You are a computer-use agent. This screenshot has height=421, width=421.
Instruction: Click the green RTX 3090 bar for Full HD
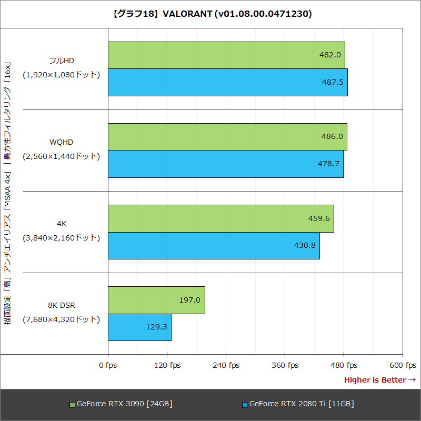[x=226, y=55]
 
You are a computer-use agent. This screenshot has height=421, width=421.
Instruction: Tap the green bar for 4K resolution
[x=220, y=218]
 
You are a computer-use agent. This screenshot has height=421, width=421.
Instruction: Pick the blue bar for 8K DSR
[x=139, y=327]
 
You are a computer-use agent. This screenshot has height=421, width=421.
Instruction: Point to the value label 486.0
[x=332, y=136]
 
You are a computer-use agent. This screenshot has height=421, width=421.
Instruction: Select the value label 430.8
[x=305, y=245]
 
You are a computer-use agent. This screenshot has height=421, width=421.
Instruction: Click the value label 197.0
[x=190, y=300]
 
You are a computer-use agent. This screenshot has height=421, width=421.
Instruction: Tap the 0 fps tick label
[x=108, y=365]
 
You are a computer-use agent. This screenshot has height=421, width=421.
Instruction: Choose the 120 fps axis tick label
[x=167, y=365]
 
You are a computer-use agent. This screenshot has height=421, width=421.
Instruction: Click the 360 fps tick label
[x=285, y=365]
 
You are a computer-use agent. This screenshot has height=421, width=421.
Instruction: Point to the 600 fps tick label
[x=403, y=365]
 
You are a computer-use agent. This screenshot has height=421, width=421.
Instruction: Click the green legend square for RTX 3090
[x=73, y=405]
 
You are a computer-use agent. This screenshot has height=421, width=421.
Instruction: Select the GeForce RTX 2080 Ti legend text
[x=301, y=404]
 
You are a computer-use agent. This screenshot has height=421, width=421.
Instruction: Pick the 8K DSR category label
[x=61, y=305]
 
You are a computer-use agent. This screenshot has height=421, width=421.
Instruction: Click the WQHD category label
[x=61, y=142]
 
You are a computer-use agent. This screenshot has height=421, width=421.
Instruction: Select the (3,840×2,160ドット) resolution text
[x=61, y=238]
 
